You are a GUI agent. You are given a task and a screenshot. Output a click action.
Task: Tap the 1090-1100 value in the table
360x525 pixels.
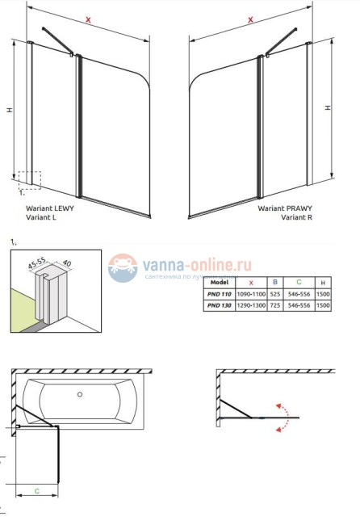pos(252,295)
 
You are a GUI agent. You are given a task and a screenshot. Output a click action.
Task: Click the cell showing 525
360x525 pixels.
pos(276,295)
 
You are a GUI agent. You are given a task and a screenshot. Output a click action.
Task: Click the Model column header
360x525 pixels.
pos(220,283)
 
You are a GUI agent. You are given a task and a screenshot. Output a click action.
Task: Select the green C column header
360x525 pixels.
pos(299,283)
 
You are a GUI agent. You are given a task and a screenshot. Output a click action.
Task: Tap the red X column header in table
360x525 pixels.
pos(252,283)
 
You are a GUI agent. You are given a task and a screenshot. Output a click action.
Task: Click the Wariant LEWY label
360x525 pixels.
pos(50,208)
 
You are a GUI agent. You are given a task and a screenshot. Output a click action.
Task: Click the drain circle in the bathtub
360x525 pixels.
pos(80,395)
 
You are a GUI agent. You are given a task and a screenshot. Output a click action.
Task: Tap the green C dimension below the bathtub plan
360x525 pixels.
pos(37,490)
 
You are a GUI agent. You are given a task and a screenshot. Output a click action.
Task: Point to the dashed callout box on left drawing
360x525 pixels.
pos(29,179)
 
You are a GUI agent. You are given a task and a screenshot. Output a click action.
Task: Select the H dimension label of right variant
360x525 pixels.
pos(327,107)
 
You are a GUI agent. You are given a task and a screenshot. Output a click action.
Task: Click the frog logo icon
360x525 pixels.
pos(123,268)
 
